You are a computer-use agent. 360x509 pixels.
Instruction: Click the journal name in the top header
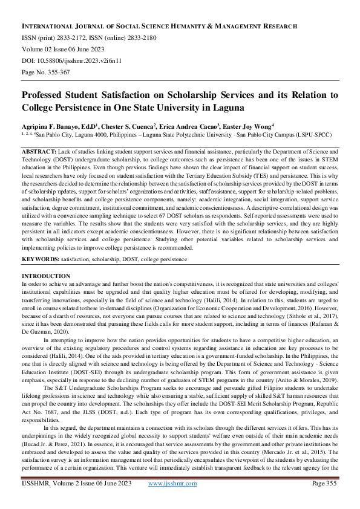point(159,27)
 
